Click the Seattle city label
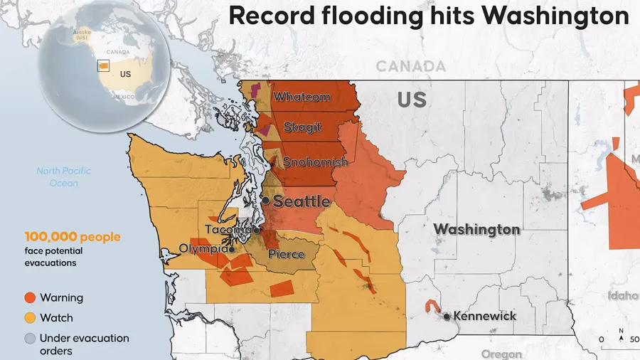pyautogui.click(x=302, y=201)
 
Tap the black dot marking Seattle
pyautogui.click(x=265, y=201)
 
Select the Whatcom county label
pyautogui.click(x=302, y=97)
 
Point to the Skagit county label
pyautogui.click(x=302, y=127)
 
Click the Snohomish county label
pyautogui.click(x=315, y=162)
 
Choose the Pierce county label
pyautogui.click(x=287, y=254)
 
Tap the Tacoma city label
pyautogui.click(x=228, y=230)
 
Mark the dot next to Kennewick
pyautogui.click(x=447, y=316)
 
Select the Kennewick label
pyautogui.click(x=485, y=316)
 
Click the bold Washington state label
pyautogui.click(x=476, y=230)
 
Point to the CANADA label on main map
pyautogui.click(x=410, y=66)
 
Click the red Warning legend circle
pyautogui.click(x=30, y=298)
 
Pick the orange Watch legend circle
pyautogui.click(x=30, y=318)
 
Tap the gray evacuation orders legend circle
pyautogui.click(x=30, y=339)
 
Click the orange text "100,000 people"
pyautogui.click(x=73, y=237)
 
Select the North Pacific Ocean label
pyautogui.click(x=64, y=176)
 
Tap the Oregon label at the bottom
pyautogui.click(x=501, y=354)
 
